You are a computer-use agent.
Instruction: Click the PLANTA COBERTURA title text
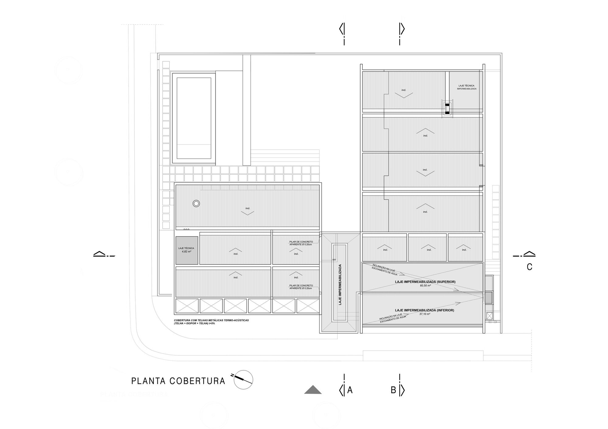[178, 381]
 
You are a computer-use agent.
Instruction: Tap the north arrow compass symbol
[244, 380]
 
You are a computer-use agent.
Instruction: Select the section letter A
[350, 390]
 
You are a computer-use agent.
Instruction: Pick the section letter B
[393, 390]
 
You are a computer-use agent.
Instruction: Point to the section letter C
[529, 267]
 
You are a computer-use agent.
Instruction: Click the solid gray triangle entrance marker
[313, 390]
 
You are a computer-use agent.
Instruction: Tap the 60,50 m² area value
[425, 286]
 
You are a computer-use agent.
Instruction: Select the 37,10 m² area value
[425, 314]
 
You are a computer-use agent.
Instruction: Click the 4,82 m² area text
[186, 252]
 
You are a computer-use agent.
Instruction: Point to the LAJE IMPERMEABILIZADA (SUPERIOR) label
[425, 282]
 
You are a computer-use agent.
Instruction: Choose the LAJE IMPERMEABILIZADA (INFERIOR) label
[425, 310]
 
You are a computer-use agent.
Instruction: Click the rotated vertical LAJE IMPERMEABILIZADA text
[340, 284]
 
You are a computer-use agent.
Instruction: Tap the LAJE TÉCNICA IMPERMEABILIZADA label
[466, 87]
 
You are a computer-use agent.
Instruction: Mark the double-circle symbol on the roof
[196, 204]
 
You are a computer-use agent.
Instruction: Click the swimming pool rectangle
[194, 118]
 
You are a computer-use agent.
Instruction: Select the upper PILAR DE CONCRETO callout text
[301, 243]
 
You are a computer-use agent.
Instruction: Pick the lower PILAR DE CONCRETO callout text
[301, 287]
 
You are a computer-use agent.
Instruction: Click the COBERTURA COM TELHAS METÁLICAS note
[211, 322]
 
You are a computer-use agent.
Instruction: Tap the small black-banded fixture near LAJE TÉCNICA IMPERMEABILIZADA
[447, 108]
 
